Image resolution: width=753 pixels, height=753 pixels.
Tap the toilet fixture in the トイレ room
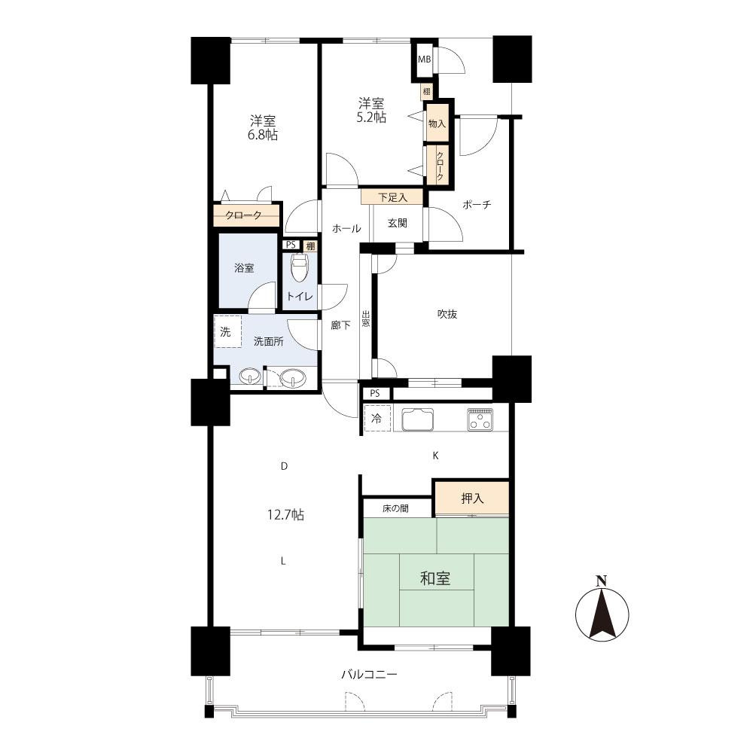click(x=300, y=268)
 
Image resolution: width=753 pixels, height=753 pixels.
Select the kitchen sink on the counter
click(x=418, y=419)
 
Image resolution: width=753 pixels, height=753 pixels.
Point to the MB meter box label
click(x=424, y=59)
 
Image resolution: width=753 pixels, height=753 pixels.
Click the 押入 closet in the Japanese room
click(x=471, y=498)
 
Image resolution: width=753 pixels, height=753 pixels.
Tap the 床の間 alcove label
click(x=396, y=508)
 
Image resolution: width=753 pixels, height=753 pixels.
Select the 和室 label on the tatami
click(x=435, y=578)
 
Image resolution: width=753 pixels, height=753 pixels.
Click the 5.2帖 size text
click(x=371, y=117)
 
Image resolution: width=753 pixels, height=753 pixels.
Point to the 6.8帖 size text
click(x=263, y=135)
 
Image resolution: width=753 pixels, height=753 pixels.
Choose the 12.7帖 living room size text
click(x=285, y=515)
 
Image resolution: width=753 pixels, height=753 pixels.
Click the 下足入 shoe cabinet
click(x=392, y=197)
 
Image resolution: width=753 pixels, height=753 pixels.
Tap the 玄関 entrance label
click(x=397, y=223)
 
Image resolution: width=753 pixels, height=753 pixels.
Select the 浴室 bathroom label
click(x=244, y=268)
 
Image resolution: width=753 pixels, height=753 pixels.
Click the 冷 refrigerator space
click(x=377, y=418)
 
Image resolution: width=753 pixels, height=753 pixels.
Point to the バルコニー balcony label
click(x=369, y=675)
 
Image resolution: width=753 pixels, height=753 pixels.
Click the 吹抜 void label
click(x=447, y=314)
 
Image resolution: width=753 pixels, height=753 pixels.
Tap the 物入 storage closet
click(x=437, y=123)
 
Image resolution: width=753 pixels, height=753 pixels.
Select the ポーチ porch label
click(x=477, y=205)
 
